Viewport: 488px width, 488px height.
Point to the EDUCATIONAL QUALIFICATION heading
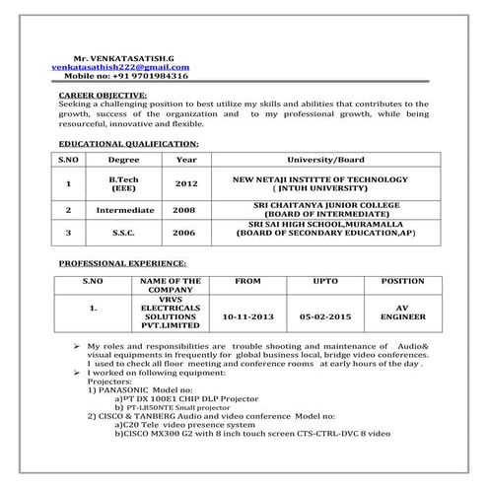coord(128,144)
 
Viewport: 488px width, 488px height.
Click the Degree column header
coord(124,159)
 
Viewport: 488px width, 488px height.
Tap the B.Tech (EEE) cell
coord(124,183)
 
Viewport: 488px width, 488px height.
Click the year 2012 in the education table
coord(186,183)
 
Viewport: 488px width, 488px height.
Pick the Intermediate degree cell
coord(125,210)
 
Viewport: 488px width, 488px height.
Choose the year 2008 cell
coord(184,210)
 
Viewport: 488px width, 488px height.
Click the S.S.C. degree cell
coord(125,233)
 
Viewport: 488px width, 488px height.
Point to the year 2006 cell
coord(184,233)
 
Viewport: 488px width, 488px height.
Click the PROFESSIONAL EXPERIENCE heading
coord(123,265)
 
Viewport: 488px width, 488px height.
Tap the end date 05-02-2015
coord(317,318)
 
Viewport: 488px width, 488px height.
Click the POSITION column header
coord(402,281)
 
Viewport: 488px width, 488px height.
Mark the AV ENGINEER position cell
coord(401,313)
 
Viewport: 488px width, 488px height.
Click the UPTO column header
coord(317,281)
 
